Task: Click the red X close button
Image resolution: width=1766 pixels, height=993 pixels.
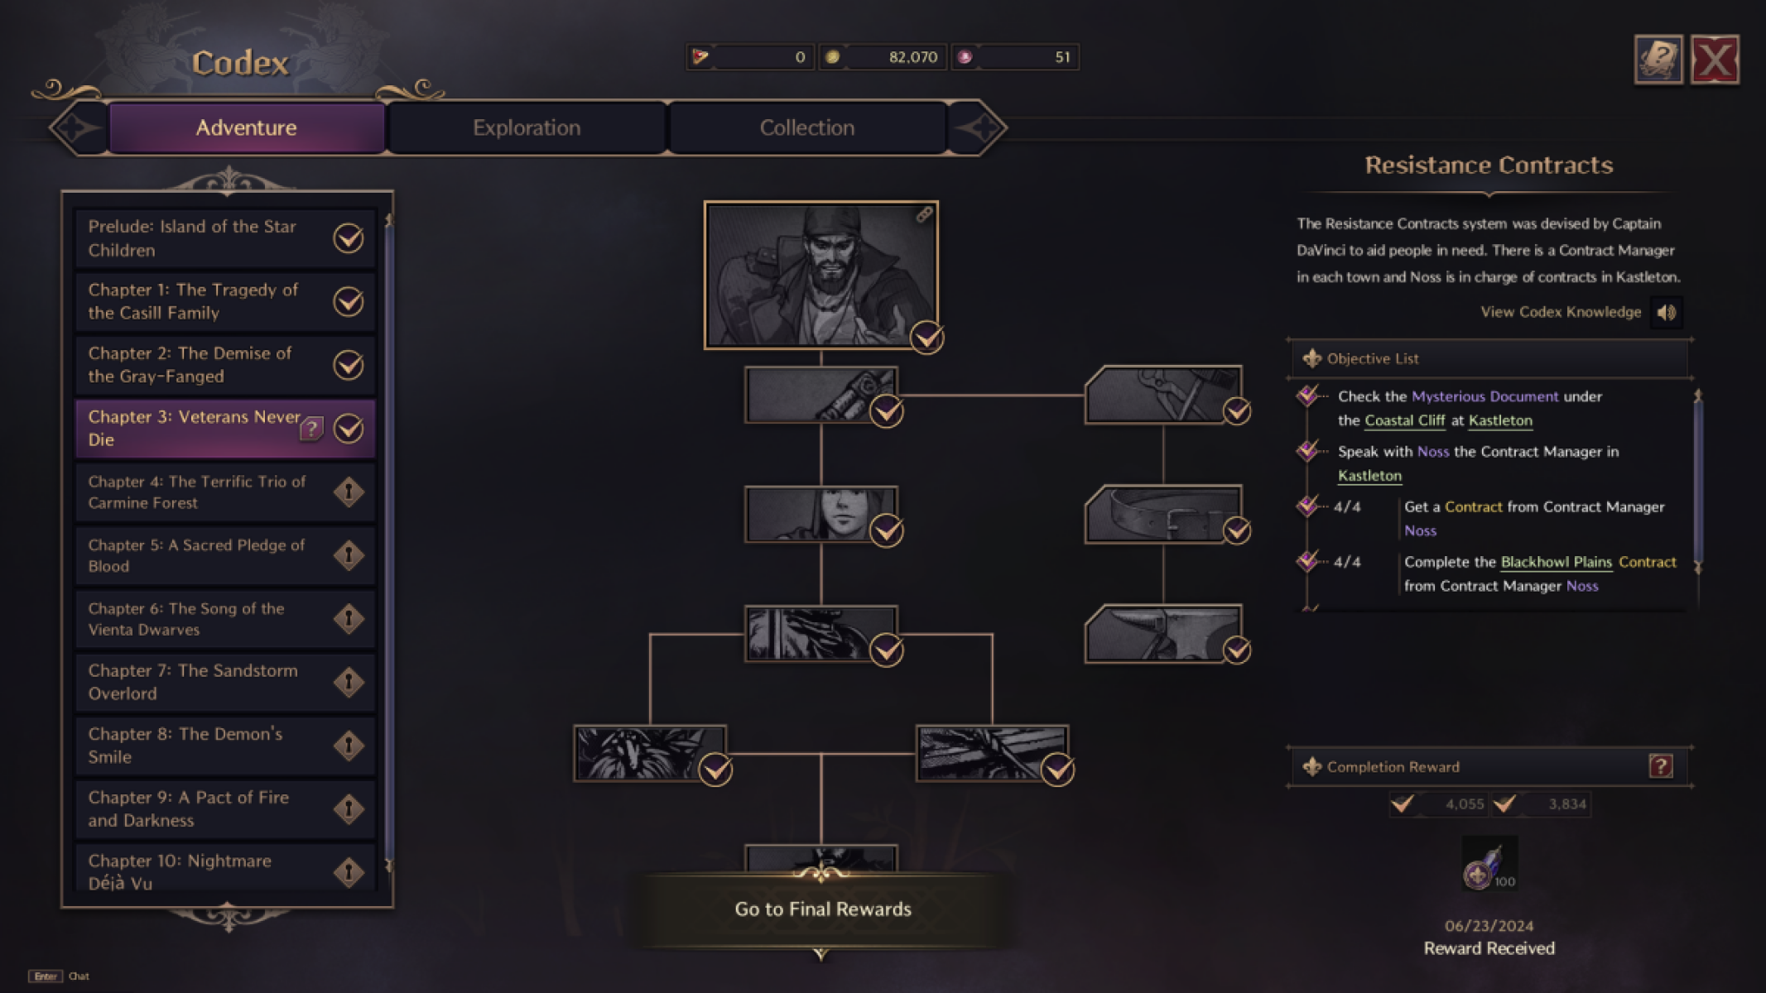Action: pos(1714,60)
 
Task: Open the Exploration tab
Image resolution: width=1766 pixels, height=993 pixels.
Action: pos(527,127)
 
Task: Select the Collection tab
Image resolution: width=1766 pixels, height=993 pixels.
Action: pos(807,127)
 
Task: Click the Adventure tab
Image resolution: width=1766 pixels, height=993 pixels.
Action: pos(246,127)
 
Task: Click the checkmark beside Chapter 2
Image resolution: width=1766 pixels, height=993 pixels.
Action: pos(349,365)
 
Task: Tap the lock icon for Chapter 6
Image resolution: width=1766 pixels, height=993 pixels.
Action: pos(349,619)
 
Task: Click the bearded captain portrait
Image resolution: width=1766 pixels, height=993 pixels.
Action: pos(820,275)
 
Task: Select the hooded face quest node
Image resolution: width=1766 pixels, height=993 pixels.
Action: pos(820,514)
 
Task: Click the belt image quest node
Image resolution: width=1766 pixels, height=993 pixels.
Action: pos(1162,514)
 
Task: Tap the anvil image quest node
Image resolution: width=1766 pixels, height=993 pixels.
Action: pos(1162,634)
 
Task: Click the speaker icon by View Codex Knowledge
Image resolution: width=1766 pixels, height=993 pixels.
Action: pos(1666,313)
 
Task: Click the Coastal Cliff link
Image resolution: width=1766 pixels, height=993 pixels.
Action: pos(1404,420)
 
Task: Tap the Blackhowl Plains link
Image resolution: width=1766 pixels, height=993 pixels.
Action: pos(1556,562)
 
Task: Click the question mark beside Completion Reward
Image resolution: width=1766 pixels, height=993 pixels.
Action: pos(1660,766)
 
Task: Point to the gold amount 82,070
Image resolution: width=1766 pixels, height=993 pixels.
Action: pos(912,57)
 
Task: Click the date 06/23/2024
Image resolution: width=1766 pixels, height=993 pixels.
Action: pos(1489,926)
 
